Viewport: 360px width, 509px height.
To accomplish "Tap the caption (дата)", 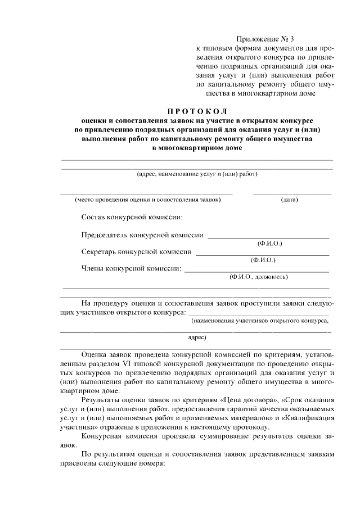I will pyautogui.click(x=289, y=200).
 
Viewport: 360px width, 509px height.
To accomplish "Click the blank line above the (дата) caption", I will pyautogui.click(x=292, y=194).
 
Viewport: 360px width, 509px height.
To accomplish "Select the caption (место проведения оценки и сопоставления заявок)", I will pyautogui.click(x=146, y=200).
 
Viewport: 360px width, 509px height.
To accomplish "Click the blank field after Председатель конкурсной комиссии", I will pyautogui.click(x=268, y=238).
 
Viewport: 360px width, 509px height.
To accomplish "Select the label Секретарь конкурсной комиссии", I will pyautogui.click(x=137, y=252).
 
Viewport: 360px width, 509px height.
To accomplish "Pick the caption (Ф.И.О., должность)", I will pyautogui.click(x=258, y=277).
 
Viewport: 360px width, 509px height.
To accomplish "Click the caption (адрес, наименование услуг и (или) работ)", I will pyautogui.click(x=197, y=174).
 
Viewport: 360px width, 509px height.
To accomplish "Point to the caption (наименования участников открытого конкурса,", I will pyautogui.click(x=259, y=321).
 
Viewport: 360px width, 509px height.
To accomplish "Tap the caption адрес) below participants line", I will pyautogui.click(x=197, y=337).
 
